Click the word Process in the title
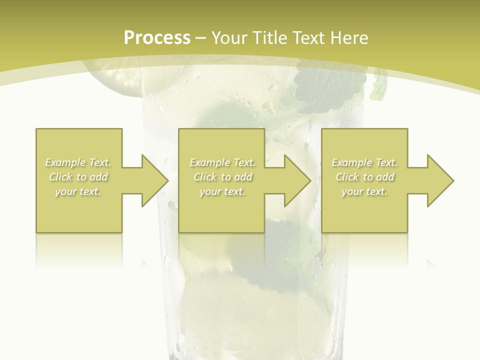[x=157, y=38]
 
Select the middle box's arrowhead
[x=297, y=180]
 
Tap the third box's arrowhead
[x=440, y=180]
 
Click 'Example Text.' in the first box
[x=78, y=162]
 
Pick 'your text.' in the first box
[x=78, y=191]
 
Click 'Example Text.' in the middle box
[x=222, y=162]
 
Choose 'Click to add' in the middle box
[x=222, y=177]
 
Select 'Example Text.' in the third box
[x=365, y=162]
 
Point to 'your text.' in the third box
[x=365, y=191]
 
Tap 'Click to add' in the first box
[x=78, y=177]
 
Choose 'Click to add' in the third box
[x=365, y=177]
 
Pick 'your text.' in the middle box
[x=222, y=191]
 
